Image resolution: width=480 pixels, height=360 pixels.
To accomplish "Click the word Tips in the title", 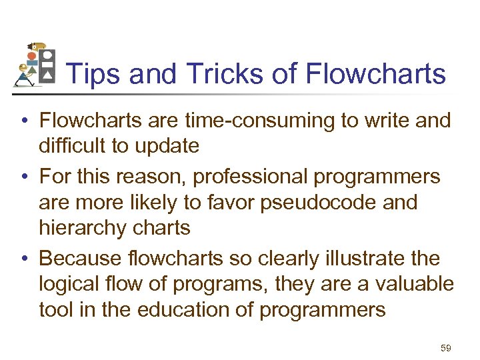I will click(93, 73).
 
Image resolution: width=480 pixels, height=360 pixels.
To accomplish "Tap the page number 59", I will click(446, 348).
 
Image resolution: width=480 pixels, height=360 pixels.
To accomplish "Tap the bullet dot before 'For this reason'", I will click(23, 177).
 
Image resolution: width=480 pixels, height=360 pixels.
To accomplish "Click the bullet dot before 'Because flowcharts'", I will click(23, 259).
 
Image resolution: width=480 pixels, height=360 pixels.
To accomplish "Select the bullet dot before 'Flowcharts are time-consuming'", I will click(23, 121).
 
